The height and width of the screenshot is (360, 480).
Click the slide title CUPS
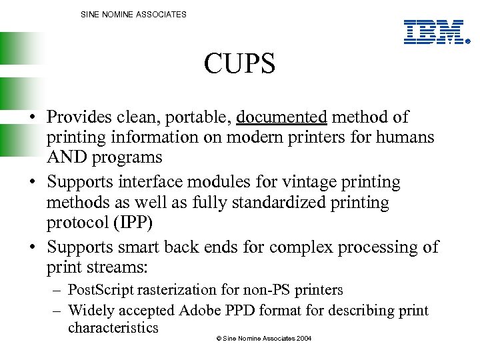pos(239,65)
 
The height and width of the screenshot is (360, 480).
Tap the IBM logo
pos(434,32)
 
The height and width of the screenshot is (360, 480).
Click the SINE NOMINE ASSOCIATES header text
pos(133,14)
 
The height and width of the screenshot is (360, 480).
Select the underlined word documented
pos(281,117)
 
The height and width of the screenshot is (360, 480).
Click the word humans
pos(409,137)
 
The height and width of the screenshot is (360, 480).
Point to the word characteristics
pos(113,327)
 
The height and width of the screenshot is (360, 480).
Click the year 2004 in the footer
pos(303,339)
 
